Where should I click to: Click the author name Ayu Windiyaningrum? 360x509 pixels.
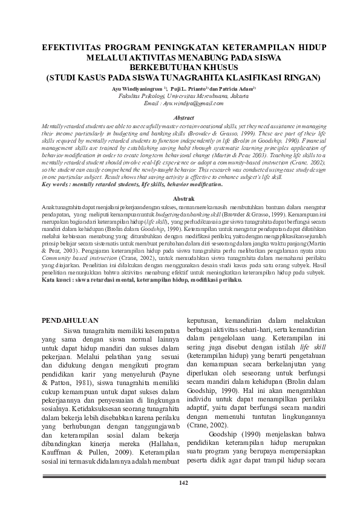(x=134, y=87)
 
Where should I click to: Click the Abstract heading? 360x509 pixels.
(x=180, y=117)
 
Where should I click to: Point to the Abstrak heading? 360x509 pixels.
(x=180, y=198)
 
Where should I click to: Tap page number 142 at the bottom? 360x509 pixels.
(x=180, y=482)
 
